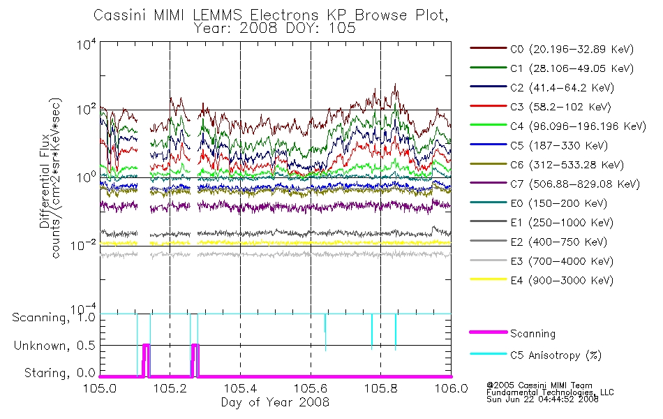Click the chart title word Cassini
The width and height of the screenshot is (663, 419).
[120, 15]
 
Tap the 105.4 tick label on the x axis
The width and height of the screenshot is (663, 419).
[240, 388]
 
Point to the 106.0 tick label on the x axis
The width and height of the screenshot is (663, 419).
[451, 388]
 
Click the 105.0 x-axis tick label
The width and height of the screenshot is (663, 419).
[100, 388]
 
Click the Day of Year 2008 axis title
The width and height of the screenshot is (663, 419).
[275, 402]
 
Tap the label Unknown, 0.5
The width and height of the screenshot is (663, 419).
[54, 346]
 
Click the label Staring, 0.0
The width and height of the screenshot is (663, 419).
[60, 373]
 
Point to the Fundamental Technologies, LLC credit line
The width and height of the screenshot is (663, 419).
[550, 392]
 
